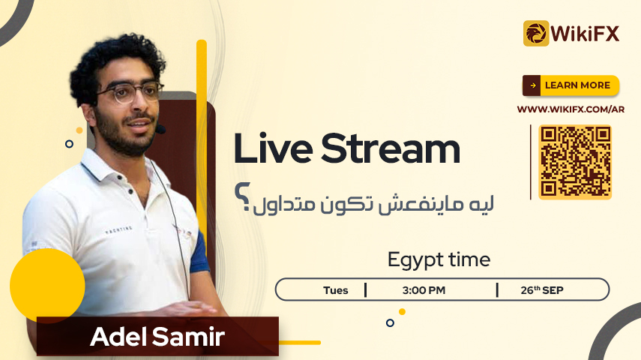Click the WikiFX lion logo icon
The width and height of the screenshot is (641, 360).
536,33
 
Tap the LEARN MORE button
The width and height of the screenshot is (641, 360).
571,85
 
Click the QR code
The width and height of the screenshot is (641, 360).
575,162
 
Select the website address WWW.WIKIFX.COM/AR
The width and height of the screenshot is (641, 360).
571,109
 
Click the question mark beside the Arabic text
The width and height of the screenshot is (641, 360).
242,196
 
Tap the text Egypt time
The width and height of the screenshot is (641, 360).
439,260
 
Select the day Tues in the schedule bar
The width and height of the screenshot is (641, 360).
336,290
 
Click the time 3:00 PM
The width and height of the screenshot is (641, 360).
424,290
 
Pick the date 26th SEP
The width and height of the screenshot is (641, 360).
542,290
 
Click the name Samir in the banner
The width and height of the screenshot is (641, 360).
188,337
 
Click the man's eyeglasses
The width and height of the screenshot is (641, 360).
130,93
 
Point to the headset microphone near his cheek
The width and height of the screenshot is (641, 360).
160,130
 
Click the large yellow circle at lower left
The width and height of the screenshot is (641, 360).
47,286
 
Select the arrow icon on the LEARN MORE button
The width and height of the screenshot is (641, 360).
533,85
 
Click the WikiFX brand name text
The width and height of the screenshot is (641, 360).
585,34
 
